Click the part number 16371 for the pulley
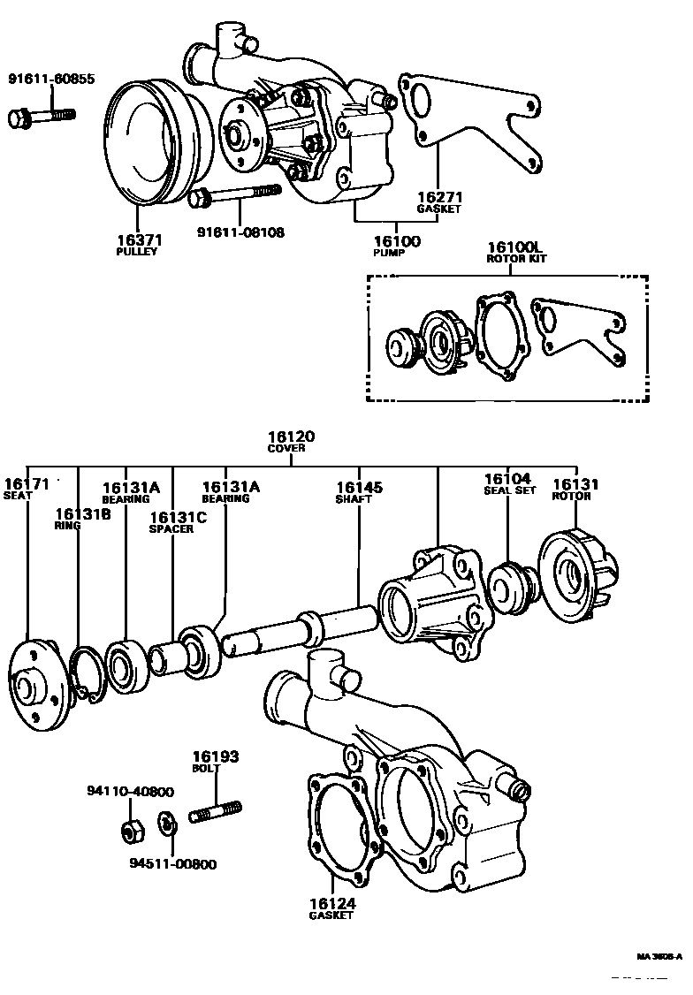coord(136,239)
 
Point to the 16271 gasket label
coord(439,197)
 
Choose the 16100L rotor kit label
coord(517,247)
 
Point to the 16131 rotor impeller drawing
coord(578,574)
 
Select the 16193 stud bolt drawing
coord(216,809)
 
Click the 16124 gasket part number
coord(331,903)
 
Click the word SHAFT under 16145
coord(354,499)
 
